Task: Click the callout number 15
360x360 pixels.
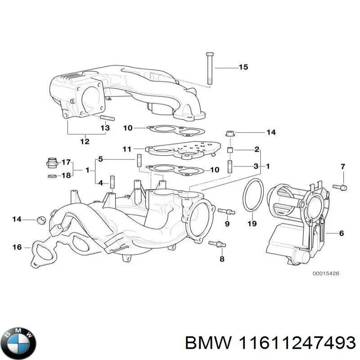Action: point(243,67)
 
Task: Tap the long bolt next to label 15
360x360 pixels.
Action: point(210,68)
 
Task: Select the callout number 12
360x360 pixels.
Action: point(85,141)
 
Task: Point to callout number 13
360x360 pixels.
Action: point(104,128)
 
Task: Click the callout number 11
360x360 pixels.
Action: point(127,148)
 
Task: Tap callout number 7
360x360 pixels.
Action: point(342,167)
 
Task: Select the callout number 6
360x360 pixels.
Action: point(341,233)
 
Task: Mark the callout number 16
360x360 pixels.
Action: point(17,247)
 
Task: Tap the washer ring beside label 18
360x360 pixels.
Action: point(52,175)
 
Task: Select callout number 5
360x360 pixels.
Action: point(101,159)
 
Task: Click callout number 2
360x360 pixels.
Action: point(256,149)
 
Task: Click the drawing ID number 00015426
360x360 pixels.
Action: point(326,273)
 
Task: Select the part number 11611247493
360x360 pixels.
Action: point(270,343)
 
